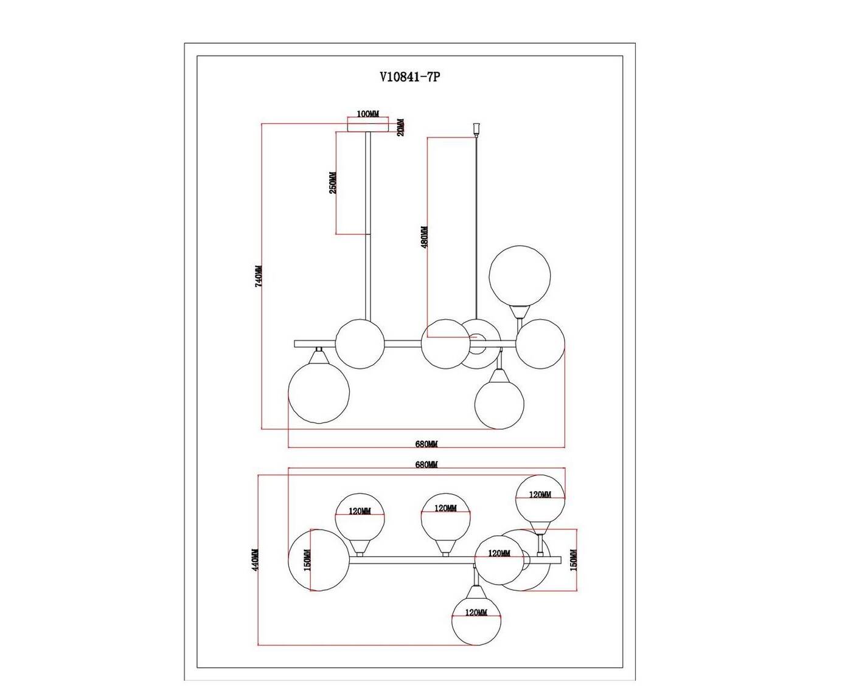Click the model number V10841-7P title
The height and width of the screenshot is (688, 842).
tap(409, 77)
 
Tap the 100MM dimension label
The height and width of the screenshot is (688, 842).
tap(367, 114)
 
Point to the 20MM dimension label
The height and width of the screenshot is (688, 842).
tap(400, 127)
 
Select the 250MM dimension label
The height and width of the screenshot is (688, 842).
tap(333, 183)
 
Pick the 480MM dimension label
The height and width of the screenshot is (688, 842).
tap(424, 237)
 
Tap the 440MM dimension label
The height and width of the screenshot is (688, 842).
tap(256, 560)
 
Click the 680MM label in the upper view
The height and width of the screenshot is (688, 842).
tap(426, 444)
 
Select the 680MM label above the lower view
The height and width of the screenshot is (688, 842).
tap(426, 465)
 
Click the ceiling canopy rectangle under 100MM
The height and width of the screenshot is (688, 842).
tap(367, 125)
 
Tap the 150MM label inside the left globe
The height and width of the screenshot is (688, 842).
tap(307, 560)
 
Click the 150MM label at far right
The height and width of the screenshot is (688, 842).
tap(573, 560)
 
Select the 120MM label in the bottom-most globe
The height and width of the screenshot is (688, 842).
tap(476, 613)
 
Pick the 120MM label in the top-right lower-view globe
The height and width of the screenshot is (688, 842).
tap(540, 495)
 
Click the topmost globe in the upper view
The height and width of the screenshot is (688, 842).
tap(520, 276)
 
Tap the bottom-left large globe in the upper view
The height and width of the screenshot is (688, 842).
tap(319, 392)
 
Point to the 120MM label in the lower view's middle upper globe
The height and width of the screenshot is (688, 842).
tap(445, 508)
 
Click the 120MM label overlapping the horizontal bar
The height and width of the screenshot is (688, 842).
tap(499, 554)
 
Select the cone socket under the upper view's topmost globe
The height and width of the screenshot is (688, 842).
tap(520, 312)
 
